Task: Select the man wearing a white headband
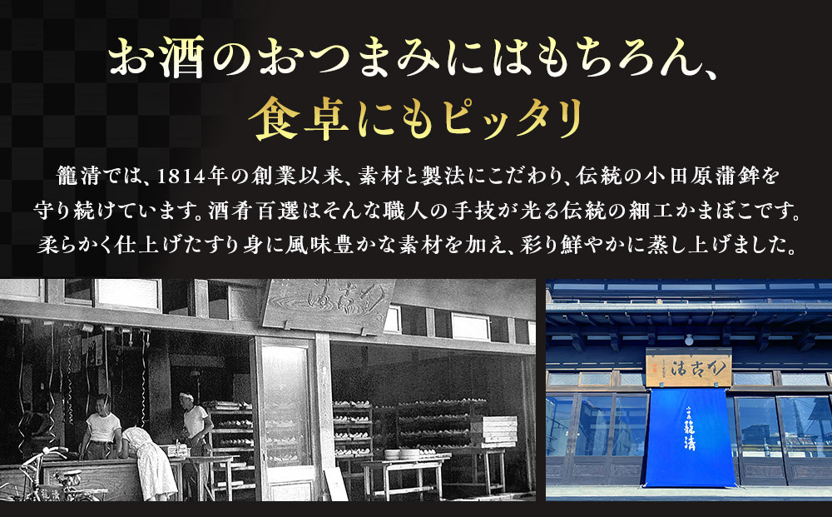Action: (x=196, y=425)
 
